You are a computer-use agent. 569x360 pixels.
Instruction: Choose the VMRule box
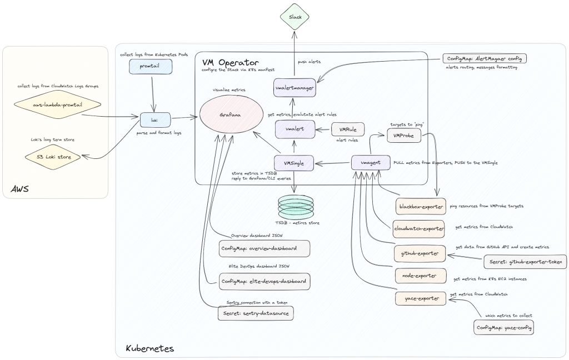click(x=348, y=130)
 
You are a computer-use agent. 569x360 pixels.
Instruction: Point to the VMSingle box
click(x=295, y=163)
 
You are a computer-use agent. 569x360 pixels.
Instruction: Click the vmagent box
click(x=370, y=163)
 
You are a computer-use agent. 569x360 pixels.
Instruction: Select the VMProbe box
click(x=403, y=135)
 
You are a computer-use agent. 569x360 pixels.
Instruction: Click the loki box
click(x=155, y=119)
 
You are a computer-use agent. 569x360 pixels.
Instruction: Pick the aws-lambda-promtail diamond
click(x=59, y=104)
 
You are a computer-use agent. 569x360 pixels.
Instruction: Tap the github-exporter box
click(x=420, y=254)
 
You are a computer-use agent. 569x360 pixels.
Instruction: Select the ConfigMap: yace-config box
click(x=504, y=328)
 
